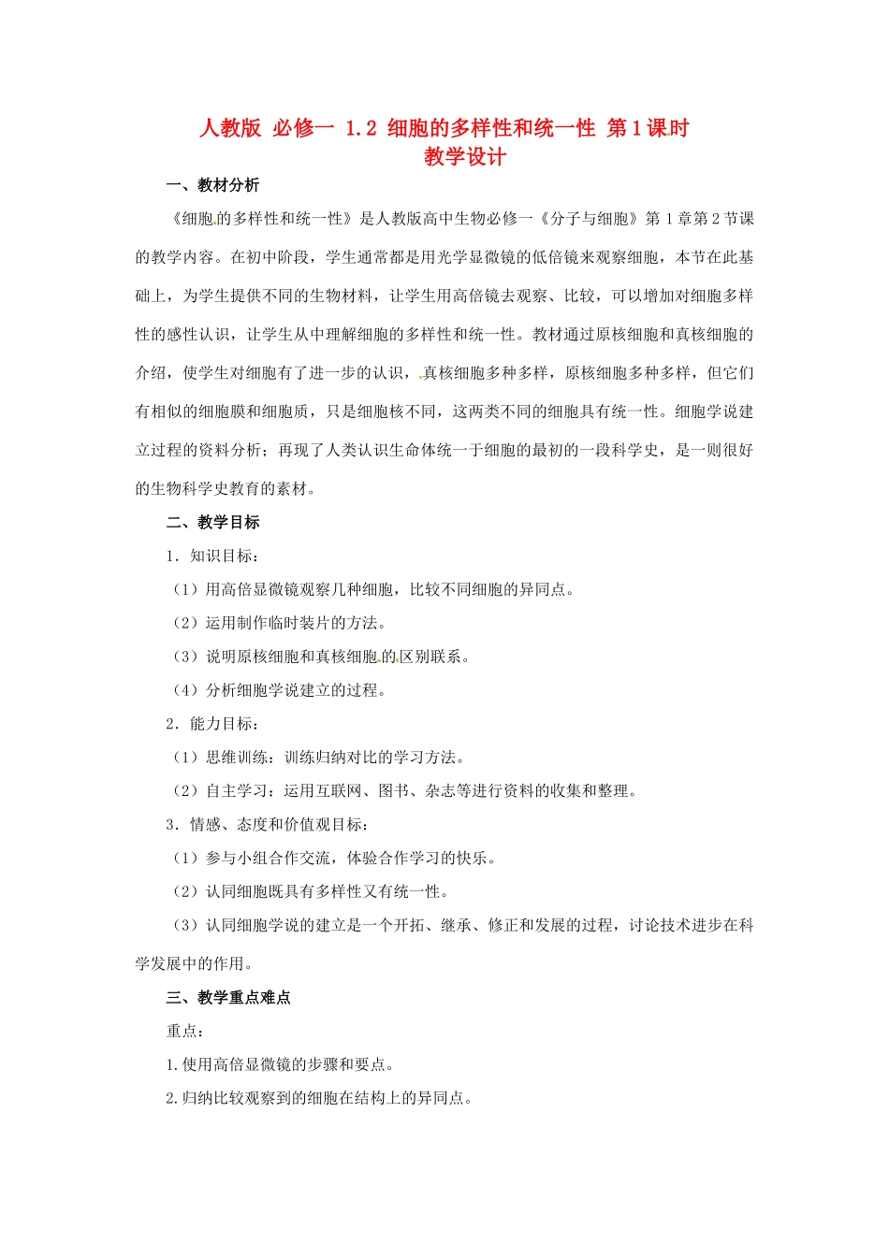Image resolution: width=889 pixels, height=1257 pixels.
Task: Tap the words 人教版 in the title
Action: (x=230, y=128)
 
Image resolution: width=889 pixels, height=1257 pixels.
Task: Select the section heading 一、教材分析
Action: (x=212, y=185)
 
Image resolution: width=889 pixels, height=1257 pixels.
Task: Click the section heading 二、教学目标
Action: (x=212, y=522)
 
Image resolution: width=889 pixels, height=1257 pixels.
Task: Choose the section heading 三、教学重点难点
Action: (x=228, y=997)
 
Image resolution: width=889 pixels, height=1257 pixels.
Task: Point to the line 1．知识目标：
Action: (x=212, y=556)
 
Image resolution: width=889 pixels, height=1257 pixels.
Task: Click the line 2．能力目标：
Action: (x=212, y=723)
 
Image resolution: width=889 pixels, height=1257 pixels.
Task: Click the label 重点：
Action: (x=185, y=1031)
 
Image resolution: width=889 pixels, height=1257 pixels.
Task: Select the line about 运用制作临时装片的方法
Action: (x=279, y=623)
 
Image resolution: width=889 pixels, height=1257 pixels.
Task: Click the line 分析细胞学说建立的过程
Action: (x=279, y=690)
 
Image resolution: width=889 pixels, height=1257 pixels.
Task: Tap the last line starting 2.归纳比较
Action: (x=319, y=1098)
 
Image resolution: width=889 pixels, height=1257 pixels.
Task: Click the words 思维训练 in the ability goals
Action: (x=237, y=757)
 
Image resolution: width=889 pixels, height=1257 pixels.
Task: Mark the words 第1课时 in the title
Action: (x=648, y=128)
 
